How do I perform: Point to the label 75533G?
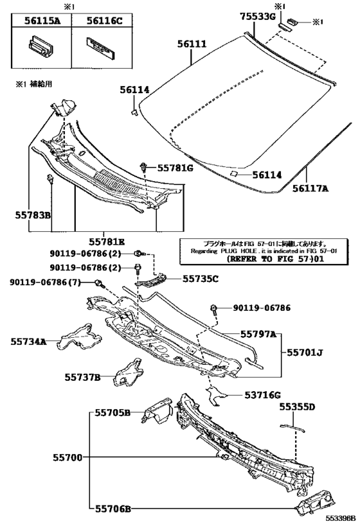[x=258, y=17]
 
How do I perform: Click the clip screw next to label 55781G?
[x=143, y=168]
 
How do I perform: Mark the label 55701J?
[x=305, y=353]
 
